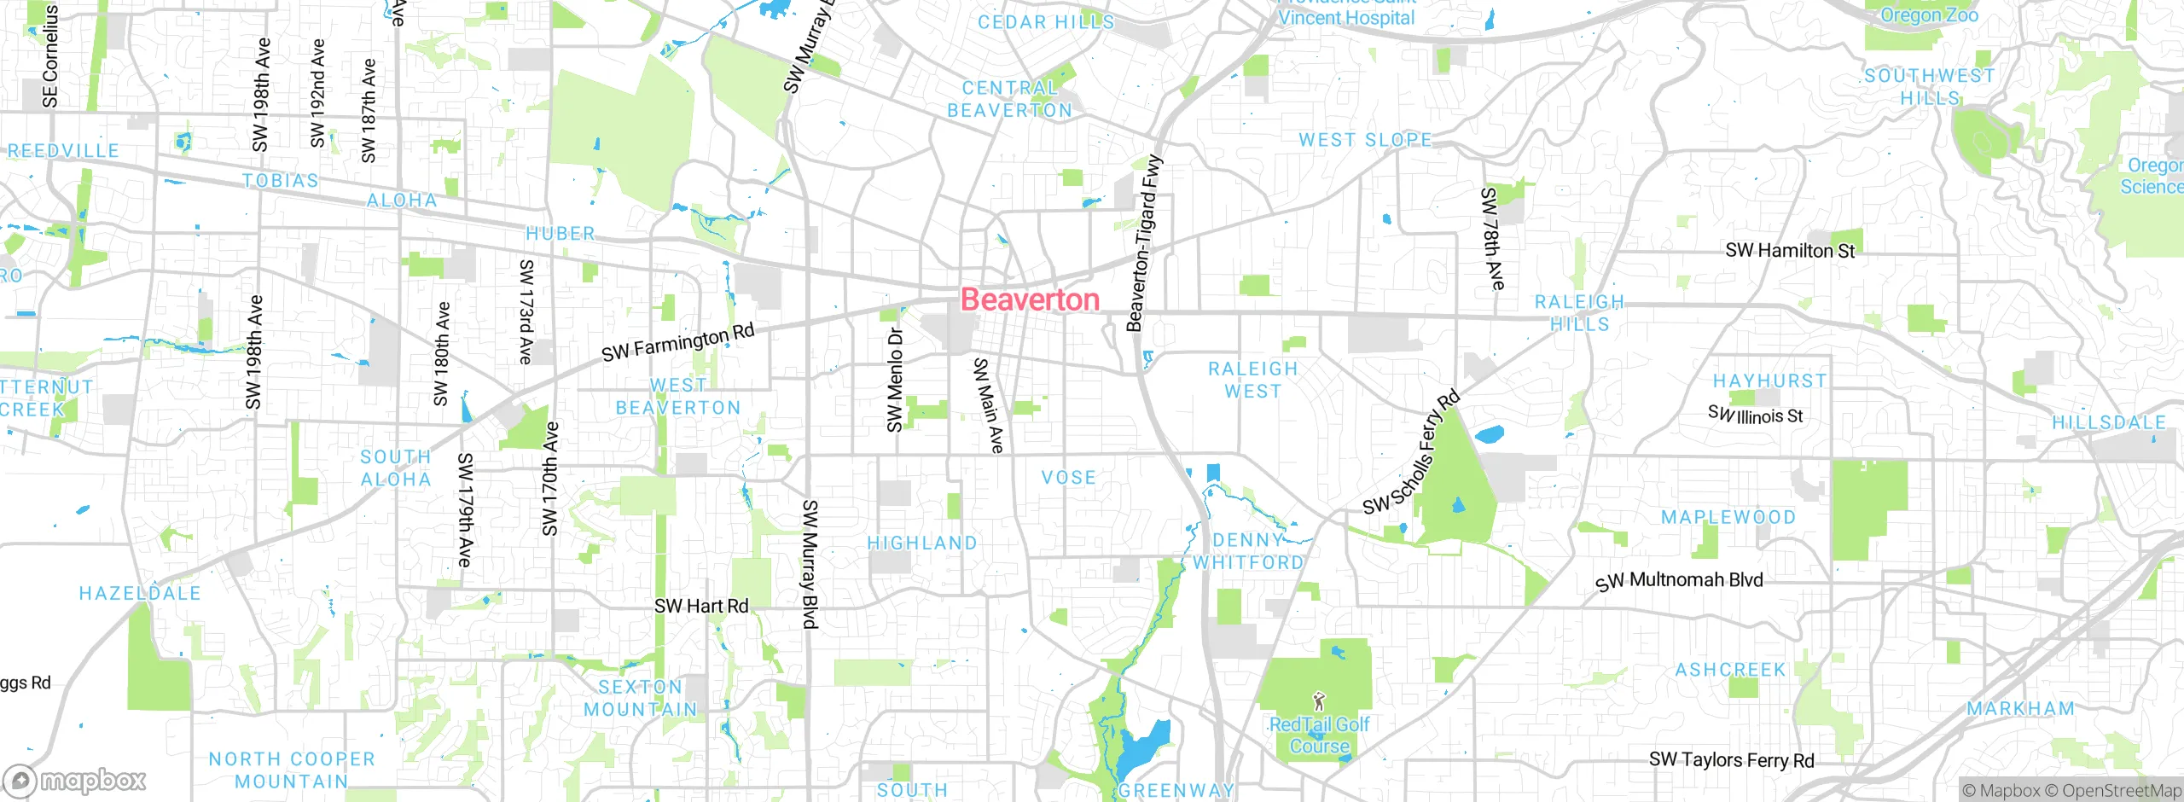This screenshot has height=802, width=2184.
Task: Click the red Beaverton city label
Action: pyautogui.click(x=1030, y=299)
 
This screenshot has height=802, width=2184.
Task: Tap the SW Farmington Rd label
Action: pyautogui.click(x=677, y=342)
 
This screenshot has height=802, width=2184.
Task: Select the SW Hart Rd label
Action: pyautogui.click(x=700, y=606)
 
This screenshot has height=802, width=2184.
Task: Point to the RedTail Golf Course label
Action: pyautogui.click(x=1319, y=735)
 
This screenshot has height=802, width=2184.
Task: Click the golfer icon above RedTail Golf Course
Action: pyautogui.click(x=1320, y=702)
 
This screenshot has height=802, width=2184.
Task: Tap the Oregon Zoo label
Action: pyautogui.click(x=1929, y=15)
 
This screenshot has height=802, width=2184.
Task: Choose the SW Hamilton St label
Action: pyautogui.click(x=1790, y=250)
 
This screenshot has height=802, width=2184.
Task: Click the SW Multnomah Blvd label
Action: pyautogui.click(x=1679, y=580)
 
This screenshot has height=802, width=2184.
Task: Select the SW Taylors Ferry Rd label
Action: pyautogui.click(x=1731, y=759)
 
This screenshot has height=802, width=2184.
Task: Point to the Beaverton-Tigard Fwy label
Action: pyautogui.click(x=1145, y=243)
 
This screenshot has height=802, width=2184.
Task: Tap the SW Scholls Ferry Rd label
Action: pyautogui.click(x=1411, y=454)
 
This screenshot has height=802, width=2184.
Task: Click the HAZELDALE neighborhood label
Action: pyautogui.click(x=140, y=593)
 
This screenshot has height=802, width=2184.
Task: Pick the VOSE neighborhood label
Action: pyautogui.click(x=1068, y=478)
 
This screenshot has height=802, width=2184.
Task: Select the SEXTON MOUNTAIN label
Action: pyautogui.click(x=640, y=698)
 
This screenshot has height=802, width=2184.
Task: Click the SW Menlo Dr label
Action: pyautogui.click(x=894, y=380)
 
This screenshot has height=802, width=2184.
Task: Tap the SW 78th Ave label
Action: pyautogui.click(x=1492, y=239)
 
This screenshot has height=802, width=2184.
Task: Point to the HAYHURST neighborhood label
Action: pyautogui.click(x=1769, y=381)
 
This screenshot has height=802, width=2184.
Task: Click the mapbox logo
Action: pyautogui.click(x=75, y=780)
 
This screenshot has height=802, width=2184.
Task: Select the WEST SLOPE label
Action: pyautogui.click(x=1365, y=139)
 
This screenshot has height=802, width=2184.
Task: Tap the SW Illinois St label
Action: pyautogui.click(x=1755, y=416)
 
